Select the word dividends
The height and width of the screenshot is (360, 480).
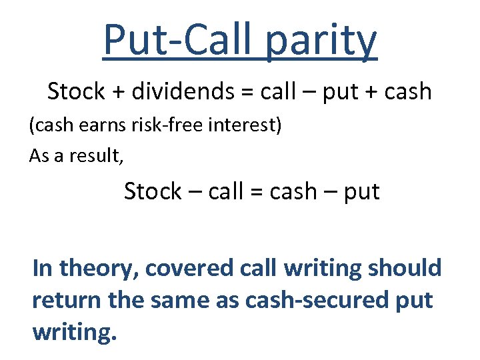coord(181,91)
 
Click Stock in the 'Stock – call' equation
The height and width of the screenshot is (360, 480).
coord(153,191)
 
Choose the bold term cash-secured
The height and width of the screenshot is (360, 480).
coord(319,300)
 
